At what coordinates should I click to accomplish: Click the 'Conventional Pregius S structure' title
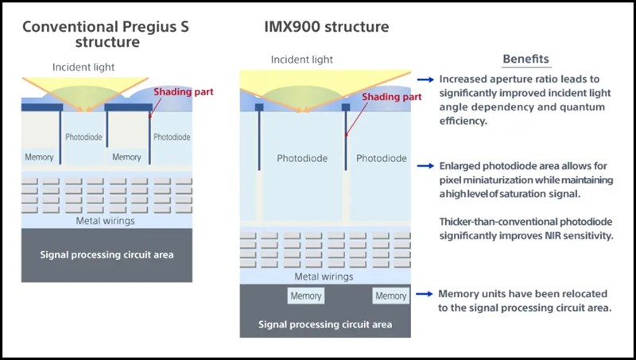[108, 33]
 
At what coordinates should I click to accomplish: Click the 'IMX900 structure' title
[326, 26]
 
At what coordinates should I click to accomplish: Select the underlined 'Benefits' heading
[525, 59]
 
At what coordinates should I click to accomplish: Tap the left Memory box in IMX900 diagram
[305, 296]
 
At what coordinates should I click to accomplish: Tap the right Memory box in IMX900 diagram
[390, 296]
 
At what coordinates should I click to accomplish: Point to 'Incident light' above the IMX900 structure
[302, 60]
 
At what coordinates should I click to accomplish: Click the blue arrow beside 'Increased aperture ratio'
[426, 80]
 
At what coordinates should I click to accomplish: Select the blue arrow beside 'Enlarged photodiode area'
[426, 165]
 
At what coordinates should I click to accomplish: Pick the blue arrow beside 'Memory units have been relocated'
[426, 294]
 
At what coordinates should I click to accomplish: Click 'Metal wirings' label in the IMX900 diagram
[325, 277]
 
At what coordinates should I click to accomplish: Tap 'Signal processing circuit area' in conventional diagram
[107, 255]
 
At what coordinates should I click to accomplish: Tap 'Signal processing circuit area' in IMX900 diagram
[325, 324]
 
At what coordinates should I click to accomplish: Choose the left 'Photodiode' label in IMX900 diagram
[302, 159]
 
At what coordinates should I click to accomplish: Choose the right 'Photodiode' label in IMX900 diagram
[382, 159]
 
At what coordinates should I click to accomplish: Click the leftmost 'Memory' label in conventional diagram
[39, 157]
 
